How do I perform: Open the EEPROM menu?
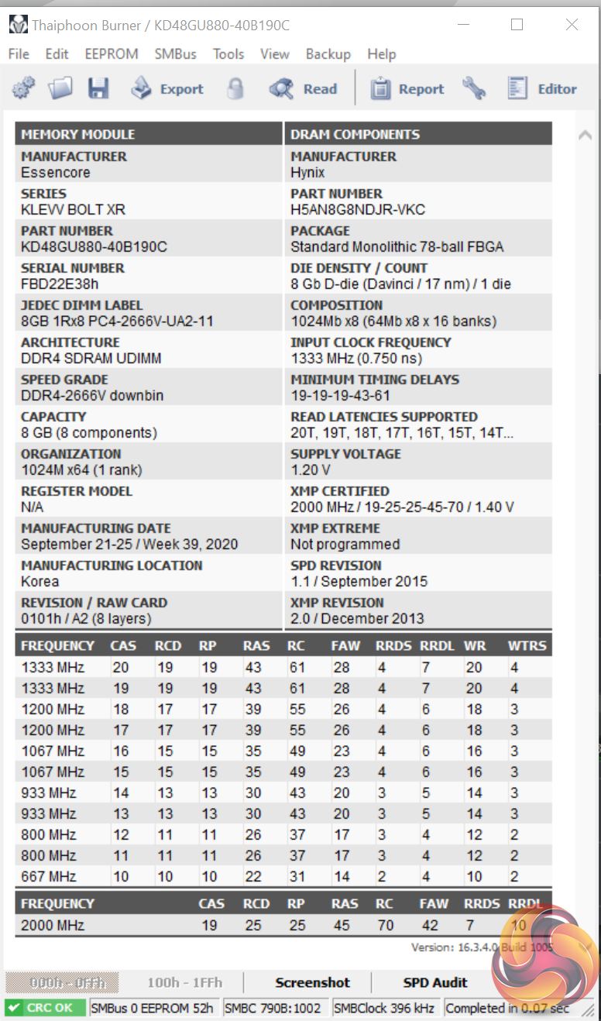[x=112, y=54]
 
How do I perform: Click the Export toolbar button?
[x=167, y=89]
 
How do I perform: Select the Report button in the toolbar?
[x=407, y=89]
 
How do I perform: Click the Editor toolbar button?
[x=542, y=89]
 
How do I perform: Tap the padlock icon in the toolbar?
[x=235, y=89]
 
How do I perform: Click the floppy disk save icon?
[x=98, y=89]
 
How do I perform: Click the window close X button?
[x=572, y=25]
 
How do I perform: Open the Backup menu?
[x=328, y=54]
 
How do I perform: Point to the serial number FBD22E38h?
[x=60, y=284]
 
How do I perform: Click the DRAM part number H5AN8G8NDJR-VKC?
[x=358, y=209]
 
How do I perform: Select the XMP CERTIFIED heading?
[x=339, y=491]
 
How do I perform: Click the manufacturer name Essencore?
[x=56, y=172]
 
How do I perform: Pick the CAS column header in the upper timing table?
[x=124, y=645]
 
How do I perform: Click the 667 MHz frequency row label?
[x=48, y=876]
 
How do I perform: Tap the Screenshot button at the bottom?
[x=313, y=982]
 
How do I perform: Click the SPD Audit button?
[x=435, y=982]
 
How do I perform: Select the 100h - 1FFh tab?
[x=184, y=982]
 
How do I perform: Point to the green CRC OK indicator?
[x=45, y=1008]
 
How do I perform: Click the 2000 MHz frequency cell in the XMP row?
[x=53, y=925]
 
